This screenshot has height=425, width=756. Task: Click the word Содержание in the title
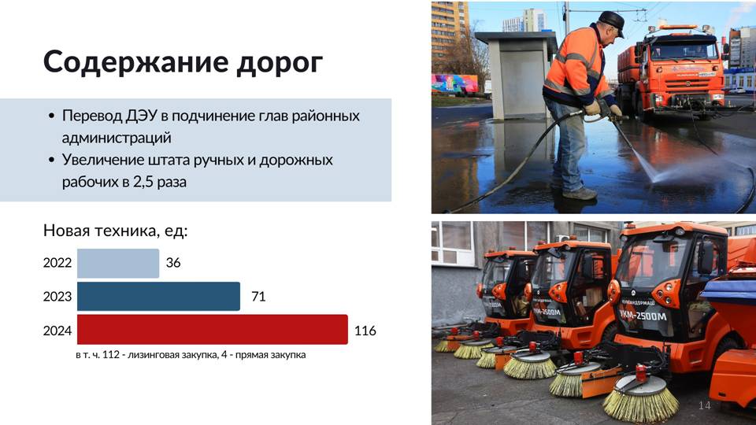(x=135, y=62)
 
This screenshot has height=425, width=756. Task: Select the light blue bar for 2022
(x=118, y=263)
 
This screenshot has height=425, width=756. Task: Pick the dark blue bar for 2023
(x=158, y=297)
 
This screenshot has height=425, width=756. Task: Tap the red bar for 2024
(x=213, y=330)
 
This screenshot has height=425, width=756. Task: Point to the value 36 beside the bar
(x=173, y=263)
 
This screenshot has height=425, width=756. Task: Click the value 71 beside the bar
(x=258, y=297)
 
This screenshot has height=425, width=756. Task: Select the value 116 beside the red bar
(x=365, y=331)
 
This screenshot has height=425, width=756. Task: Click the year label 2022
(x=57, y=263)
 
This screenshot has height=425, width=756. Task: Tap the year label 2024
(x=57, y=331)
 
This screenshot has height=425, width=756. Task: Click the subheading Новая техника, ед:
(x=115, y=231)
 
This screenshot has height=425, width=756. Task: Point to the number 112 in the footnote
(x=111, y=355)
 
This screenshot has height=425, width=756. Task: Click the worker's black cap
(x=611, y=22)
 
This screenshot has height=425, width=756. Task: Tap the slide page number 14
(x=704, y=405)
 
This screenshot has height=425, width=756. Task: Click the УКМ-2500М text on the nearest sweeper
(x=643, y=315)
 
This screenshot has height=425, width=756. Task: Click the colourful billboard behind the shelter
(x=454, y=83)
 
